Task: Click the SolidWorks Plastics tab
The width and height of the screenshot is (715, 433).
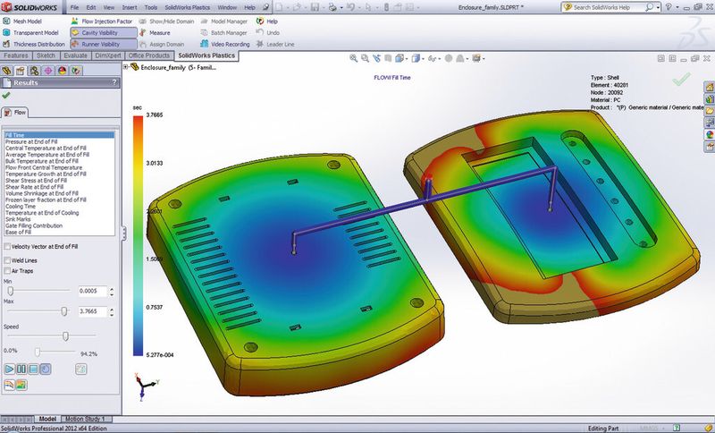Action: (206, 55)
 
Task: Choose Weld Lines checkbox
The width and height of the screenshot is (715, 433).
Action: (8, 260)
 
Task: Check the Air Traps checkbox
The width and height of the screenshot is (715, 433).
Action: (8, 270)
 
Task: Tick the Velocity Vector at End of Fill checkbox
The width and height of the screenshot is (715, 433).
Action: (8, 246)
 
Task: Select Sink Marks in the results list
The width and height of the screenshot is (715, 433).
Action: (18, 217)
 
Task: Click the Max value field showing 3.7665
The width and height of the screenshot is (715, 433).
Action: (92, 311)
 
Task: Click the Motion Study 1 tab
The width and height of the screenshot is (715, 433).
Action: (86, 419)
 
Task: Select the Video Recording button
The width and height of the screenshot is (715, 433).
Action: (230, 43)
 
